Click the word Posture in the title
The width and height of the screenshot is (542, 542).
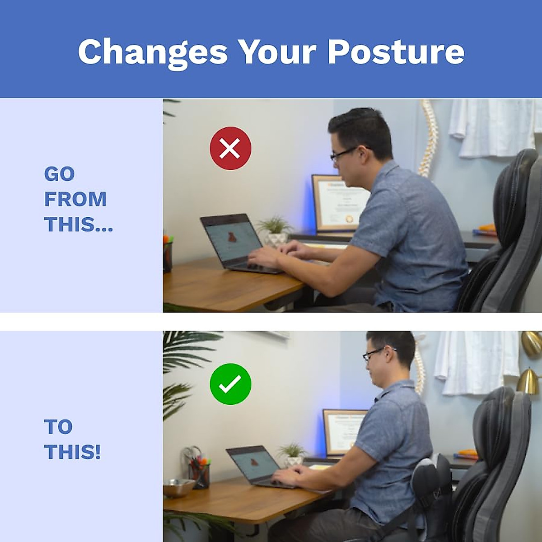tap(396, 51)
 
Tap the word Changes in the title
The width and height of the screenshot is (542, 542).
tap(153, 52)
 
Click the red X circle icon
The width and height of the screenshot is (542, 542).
tap(230, 148)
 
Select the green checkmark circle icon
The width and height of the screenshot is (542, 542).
tap(230, 384)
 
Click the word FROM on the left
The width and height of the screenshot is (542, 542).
tap(75, 199)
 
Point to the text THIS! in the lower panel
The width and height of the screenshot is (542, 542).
tap(72, 452)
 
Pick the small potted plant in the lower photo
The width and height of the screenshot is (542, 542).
tap(293, 454)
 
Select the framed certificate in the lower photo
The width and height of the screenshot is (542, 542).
tap(343, 432)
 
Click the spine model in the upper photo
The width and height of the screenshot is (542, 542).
tap(428, 138)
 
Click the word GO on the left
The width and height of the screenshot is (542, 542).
tap(59, 174)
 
